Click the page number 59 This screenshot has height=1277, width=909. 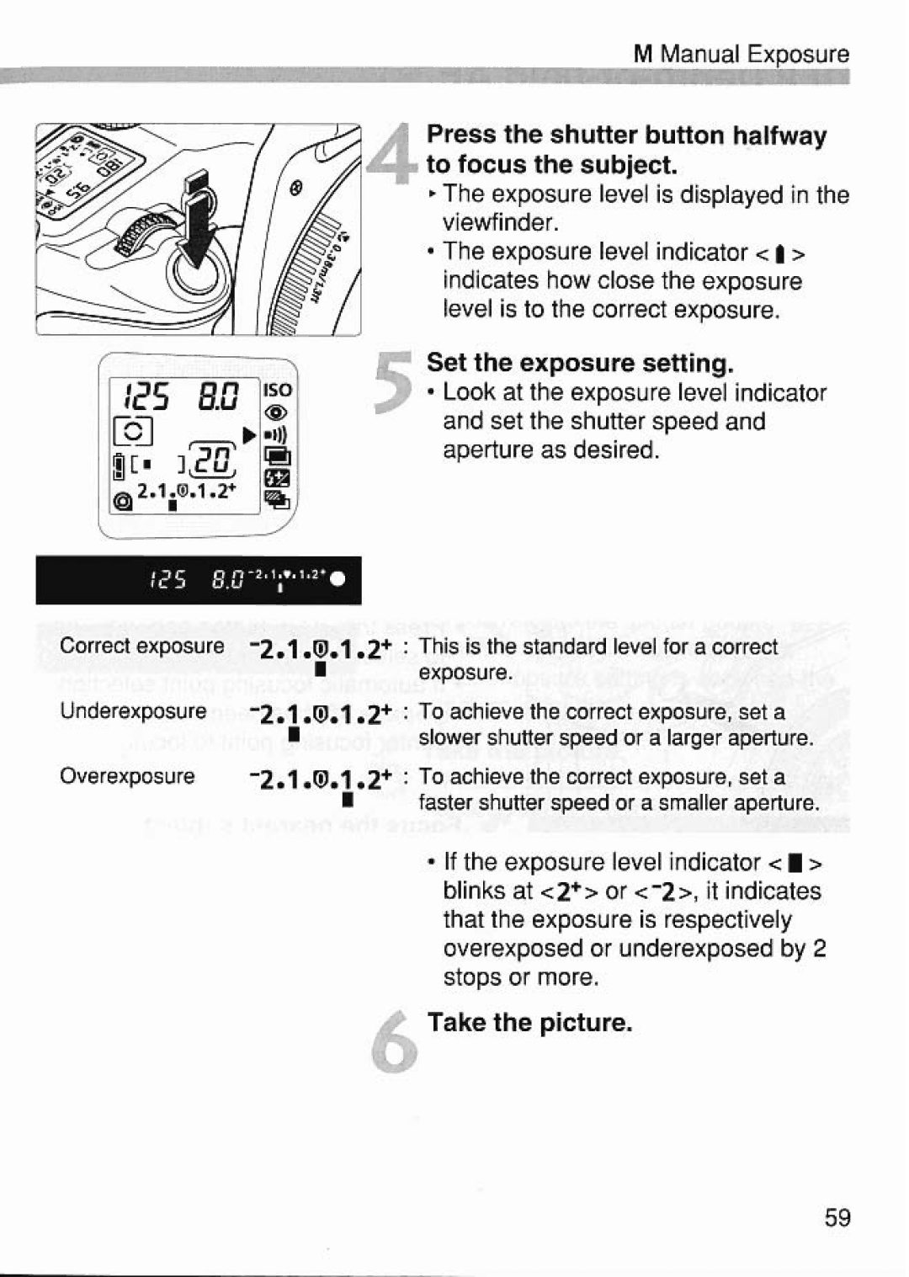point(837,1217)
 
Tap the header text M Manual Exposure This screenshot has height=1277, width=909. point(741,54)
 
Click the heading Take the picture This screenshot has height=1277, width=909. point(529,1022)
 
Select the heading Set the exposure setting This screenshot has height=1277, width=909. point(580,363)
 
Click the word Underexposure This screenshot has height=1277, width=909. point(133,711)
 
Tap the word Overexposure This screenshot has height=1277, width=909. point(127,775)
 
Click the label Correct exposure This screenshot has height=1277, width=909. point(141,646)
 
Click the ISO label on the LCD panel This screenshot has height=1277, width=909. point(277,390)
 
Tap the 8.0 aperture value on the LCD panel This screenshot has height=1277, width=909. point(219,395)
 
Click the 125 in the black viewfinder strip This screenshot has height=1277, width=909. point(167,580)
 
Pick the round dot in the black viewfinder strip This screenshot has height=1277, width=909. point(338,580)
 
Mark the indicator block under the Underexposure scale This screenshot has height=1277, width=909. point(293,735)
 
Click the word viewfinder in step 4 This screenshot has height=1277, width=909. point(501,223)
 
